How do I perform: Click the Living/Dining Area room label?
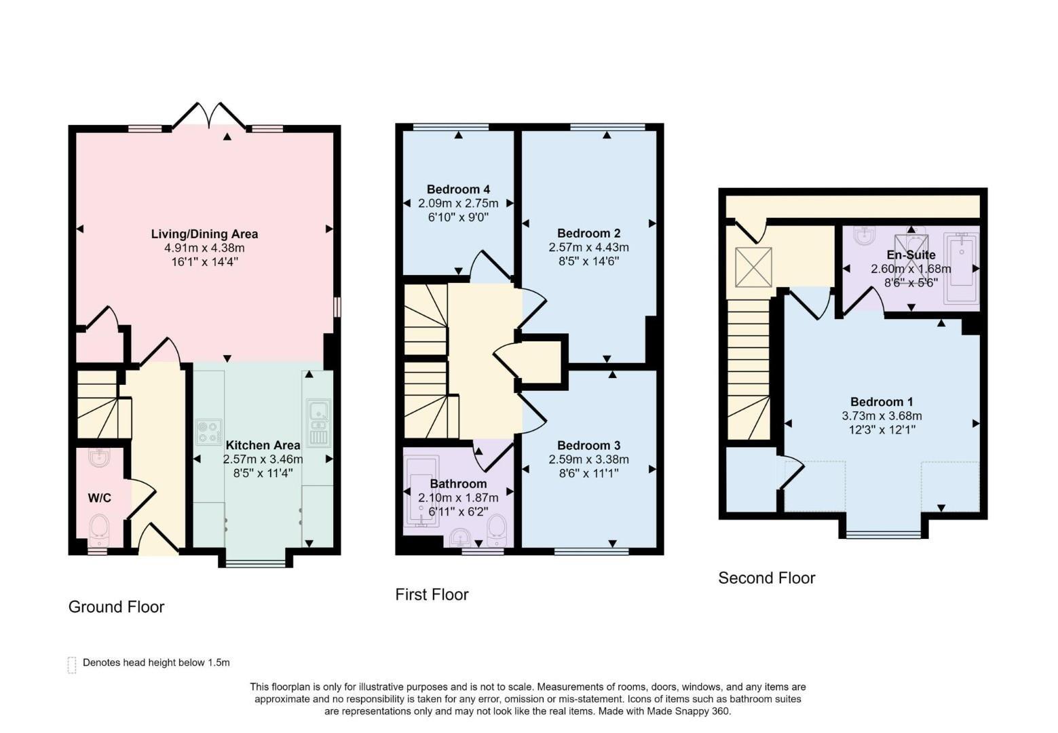(204, 234)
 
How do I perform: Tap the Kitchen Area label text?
(263, 445)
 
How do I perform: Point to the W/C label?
(99, 498)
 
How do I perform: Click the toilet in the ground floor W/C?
(99, 527)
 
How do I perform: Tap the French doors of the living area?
(208, 116)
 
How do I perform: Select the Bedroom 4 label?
(458, 189)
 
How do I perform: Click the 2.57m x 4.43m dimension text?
(588, 248)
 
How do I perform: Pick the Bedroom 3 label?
(588, 445)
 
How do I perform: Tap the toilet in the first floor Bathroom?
(497, 528)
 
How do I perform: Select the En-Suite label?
(911, 255)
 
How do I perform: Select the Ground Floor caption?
(117, 607)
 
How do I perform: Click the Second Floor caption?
(766, 578)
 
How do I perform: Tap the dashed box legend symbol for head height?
(72, 664)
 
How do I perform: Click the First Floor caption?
(432, 595)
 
